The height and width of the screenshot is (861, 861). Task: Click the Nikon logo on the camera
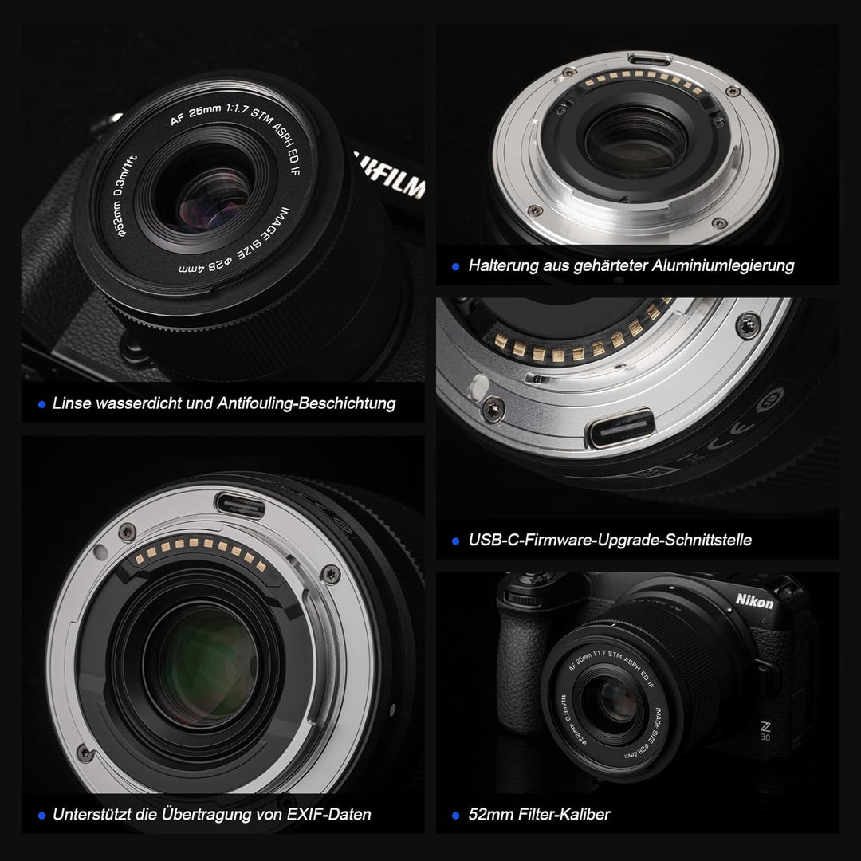click(x=753, y=603)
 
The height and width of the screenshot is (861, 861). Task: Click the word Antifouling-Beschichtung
click(x=306, y=403)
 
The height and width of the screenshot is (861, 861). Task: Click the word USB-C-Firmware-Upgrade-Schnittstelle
click(x=610, y=541)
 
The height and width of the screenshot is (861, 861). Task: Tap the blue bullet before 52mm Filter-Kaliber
click(x=455, y=816)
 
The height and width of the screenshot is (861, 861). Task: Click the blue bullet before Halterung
click(x=455, y=266)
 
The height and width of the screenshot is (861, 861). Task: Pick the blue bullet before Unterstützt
click(x=41, y=816)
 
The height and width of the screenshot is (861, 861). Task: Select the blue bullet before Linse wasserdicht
click(x=41, y=404)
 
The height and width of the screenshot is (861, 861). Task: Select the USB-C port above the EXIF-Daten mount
click(x=239, y=503)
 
